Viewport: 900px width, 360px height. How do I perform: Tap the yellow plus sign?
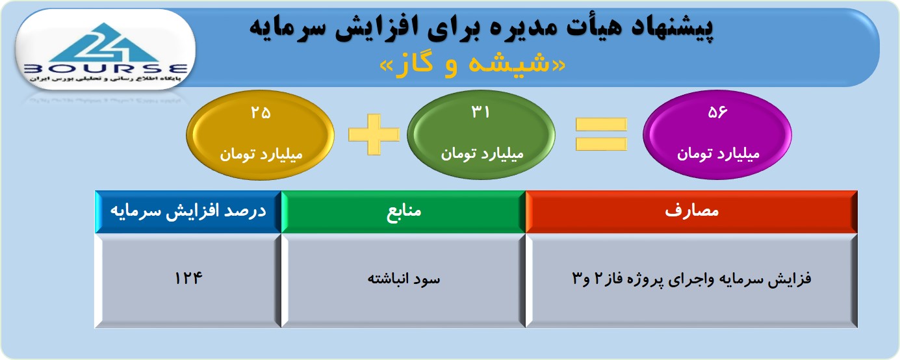pyautogui.click(x=374, y=135)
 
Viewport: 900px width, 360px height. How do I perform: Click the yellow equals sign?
pyautogui.click(x=601, y=135)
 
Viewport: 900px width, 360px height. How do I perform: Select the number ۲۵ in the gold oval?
pyautogui.click(x=261, y=112)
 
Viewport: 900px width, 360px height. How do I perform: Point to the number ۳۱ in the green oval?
pyautogui.click(x=480, y=112)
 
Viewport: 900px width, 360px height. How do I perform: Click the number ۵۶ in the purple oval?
pyautogui.click(x=717, y=112)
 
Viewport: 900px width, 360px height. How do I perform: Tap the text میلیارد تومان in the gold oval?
pyautogui.click(x=261, y=154)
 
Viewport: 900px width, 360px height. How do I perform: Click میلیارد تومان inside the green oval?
pyautogui.click(x=482, y=153)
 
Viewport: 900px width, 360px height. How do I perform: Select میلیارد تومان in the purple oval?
pyautogui.click(x=718, y=153)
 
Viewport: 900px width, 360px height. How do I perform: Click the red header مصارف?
pyautogui.click(x=691, y=212)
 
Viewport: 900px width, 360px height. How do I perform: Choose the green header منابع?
pyautogui.click(x=404, y=212)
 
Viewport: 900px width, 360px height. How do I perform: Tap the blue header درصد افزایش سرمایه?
pyautogui.click(x=188, y=212)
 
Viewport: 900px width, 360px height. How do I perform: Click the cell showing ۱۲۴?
pyautogui.click(x=188, y=281)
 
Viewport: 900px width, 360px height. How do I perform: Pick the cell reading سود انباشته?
pyautogui.click(x=404, y=281)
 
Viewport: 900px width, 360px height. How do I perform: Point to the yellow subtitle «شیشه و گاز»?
pyautogui.click(x=472, y=64)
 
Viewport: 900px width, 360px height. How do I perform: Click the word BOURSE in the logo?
pyautogui.click(x=105, y=69)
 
